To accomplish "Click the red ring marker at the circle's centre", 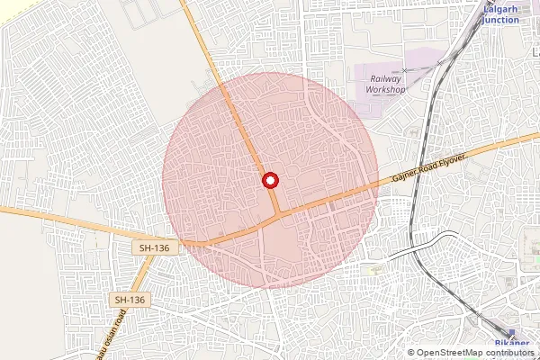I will coord(269,181).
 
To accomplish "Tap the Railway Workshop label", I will coord(388,85).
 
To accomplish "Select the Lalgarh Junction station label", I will coord(501,14).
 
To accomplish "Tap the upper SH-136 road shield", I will coord(155,247).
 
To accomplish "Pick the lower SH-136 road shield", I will coord(130,299).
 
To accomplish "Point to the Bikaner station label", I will coord(514,346).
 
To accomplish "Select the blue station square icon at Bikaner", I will coord(500,332).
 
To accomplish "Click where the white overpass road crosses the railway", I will coord(417,245).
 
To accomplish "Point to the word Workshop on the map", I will coord(388,90).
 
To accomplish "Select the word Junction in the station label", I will coord(501,20).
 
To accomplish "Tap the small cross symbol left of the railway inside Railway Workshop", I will coord(405,70).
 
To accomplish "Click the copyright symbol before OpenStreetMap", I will coord(411,353).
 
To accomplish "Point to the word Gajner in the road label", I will coord(404,176).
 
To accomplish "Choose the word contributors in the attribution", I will coord(508,353).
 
